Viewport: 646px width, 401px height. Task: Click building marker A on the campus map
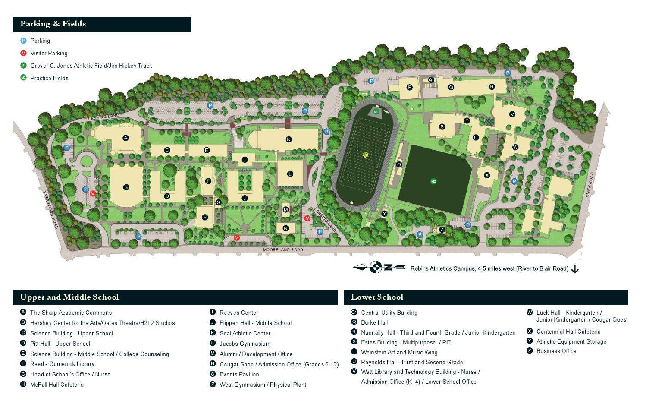(x=125, y=138)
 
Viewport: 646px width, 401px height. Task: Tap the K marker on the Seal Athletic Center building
(x=289, y=139)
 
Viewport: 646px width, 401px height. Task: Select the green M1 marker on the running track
(x=376, y=111)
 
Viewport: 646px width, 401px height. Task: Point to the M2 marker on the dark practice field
(x=433, y=181)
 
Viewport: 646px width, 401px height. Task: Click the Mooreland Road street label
(x=283, y=250)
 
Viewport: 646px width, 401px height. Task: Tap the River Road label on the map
(x=590, y=185)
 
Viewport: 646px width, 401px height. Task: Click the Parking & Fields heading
(x=53, y=24)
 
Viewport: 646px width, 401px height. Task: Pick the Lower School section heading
(x=377, y=297)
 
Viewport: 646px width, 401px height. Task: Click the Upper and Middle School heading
(x=69, y=297)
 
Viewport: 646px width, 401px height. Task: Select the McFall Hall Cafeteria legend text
(x=57, y=385)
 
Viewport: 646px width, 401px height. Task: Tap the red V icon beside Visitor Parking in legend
(x=24, y=53)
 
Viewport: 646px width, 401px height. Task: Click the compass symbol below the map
(x=376, y=268)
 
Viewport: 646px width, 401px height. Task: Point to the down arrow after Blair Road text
(x=575, y=269)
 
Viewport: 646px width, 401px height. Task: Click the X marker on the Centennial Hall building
(x=487, y=175)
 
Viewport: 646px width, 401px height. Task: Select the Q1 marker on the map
(x=431, y=80)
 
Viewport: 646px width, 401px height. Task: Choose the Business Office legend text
(x=556, y=351)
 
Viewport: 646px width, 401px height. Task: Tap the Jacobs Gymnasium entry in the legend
(x=245, y=344)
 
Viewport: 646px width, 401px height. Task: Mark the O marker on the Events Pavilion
(x=399, y=164)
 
